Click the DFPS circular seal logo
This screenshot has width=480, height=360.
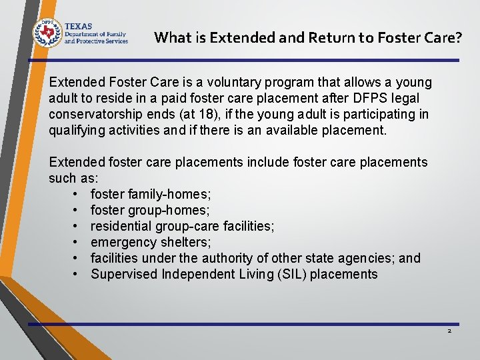(47, 31)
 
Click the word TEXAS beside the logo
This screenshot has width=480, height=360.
(78, 25)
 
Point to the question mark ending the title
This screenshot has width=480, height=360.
(458, 37)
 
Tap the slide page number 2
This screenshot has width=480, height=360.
(449, 331)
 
